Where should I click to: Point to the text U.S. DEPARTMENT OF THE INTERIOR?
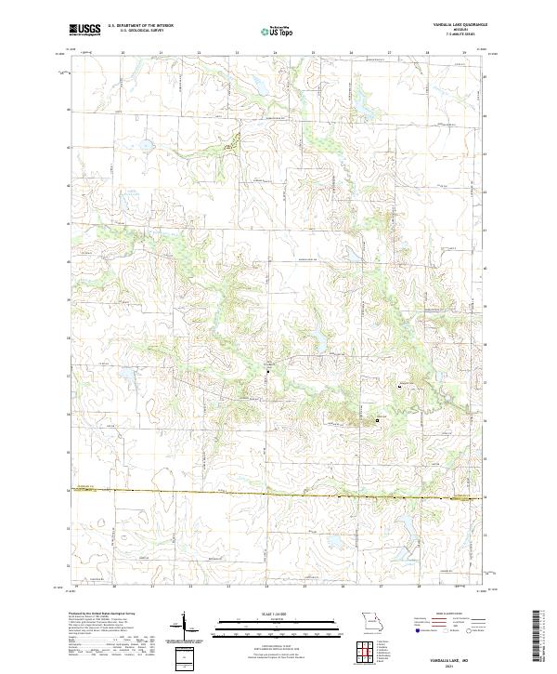pyautogui.click(x=140, y=26)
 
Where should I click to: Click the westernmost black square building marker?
pyautogui.click(x=268, y=372)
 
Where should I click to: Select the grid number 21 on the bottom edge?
pyautogui.click(x=152, y=588)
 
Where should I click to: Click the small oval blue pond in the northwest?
pyautogui.click(x=146, y=144)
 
